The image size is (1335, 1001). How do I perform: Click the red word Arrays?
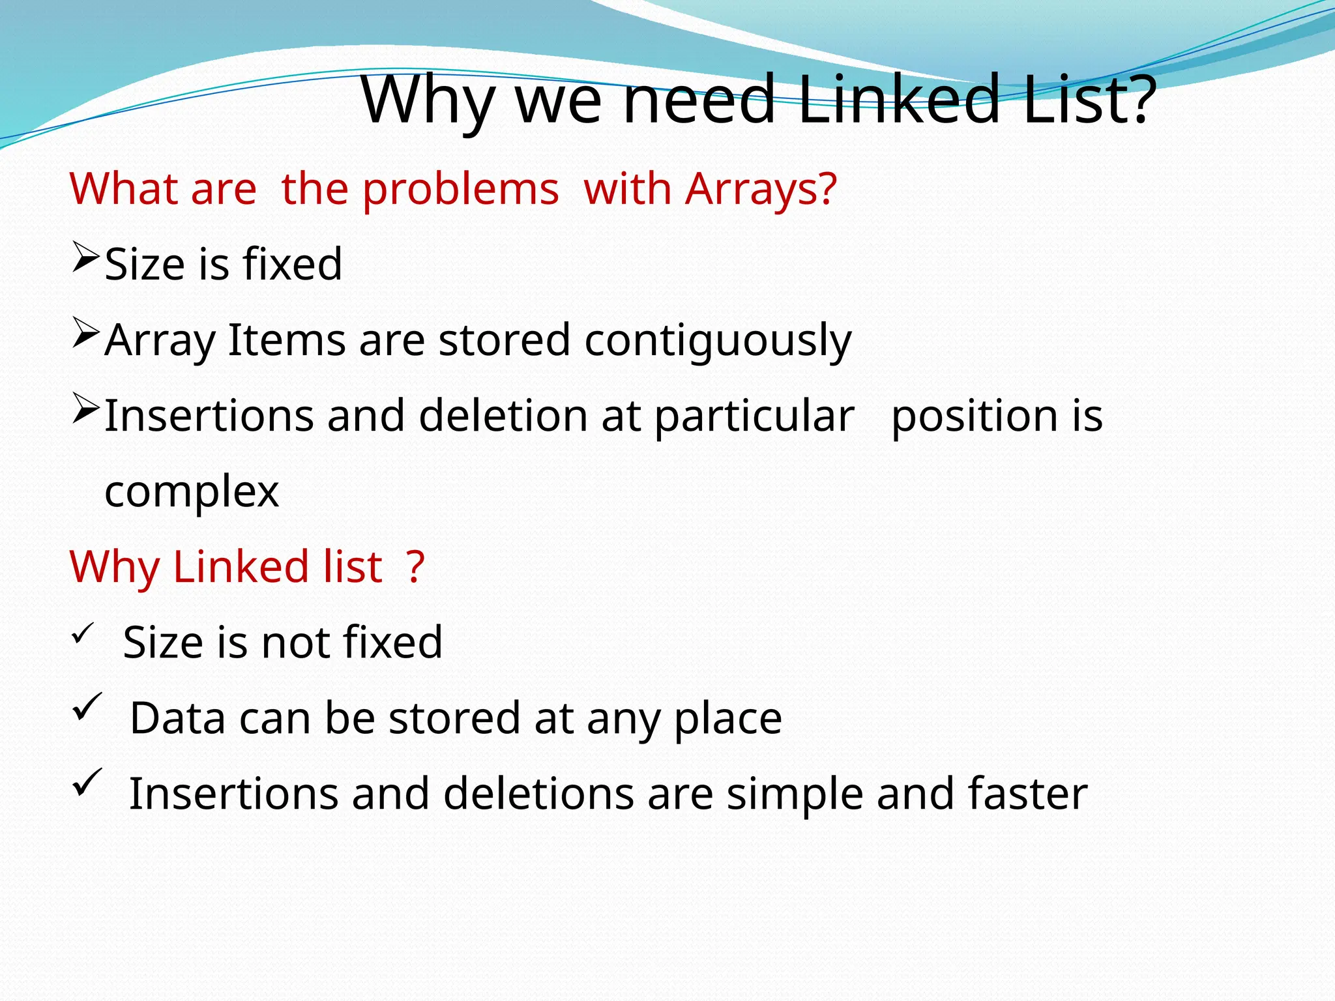[x=761, y=190]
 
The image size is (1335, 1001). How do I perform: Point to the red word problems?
[x=460, y=190]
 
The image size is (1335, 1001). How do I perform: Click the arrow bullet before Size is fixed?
[x=85, y=257]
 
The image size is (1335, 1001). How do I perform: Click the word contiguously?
[x=718, y=341]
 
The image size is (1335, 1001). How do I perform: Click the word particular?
[x=754, y=416]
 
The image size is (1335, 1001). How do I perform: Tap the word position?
[x=975, y=416]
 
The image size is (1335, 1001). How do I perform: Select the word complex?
[x=192, y=492]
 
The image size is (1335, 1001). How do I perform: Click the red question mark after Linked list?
[x=415, y=566]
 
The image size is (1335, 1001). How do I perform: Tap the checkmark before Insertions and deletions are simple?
[x=87, y=781]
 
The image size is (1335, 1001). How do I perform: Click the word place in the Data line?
[x=727, y=719]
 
